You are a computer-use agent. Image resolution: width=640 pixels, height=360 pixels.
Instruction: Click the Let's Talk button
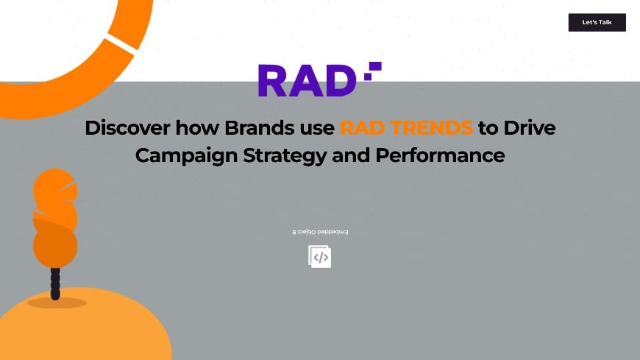click(x=597, y=22)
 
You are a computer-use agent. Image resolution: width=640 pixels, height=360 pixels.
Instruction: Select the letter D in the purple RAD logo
click(x=341, y=81)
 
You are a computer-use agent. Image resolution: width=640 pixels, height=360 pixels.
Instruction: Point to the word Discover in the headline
click(x=128, y=128)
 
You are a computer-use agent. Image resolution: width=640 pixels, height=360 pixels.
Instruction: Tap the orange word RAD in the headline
click(x=362, y=128)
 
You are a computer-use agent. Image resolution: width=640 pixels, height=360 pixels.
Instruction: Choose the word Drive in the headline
click(x=530, y=128)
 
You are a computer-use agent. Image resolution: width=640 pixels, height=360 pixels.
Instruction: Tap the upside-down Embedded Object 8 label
click(x=320, y=232)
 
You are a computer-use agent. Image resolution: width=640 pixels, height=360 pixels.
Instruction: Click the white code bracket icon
click(x=320, y=257)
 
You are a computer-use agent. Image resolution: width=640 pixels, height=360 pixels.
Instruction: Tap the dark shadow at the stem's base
click(x=57, y=302)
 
